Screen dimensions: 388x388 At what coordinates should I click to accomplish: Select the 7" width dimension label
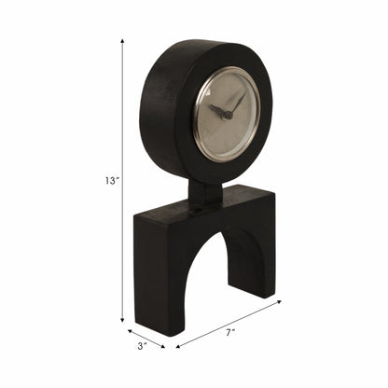click(229, 330)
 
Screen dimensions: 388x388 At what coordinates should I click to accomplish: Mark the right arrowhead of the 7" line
click(279, 300)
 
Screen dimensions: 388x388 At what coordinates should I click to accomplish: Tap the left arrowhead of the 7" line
click(177, 347)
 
